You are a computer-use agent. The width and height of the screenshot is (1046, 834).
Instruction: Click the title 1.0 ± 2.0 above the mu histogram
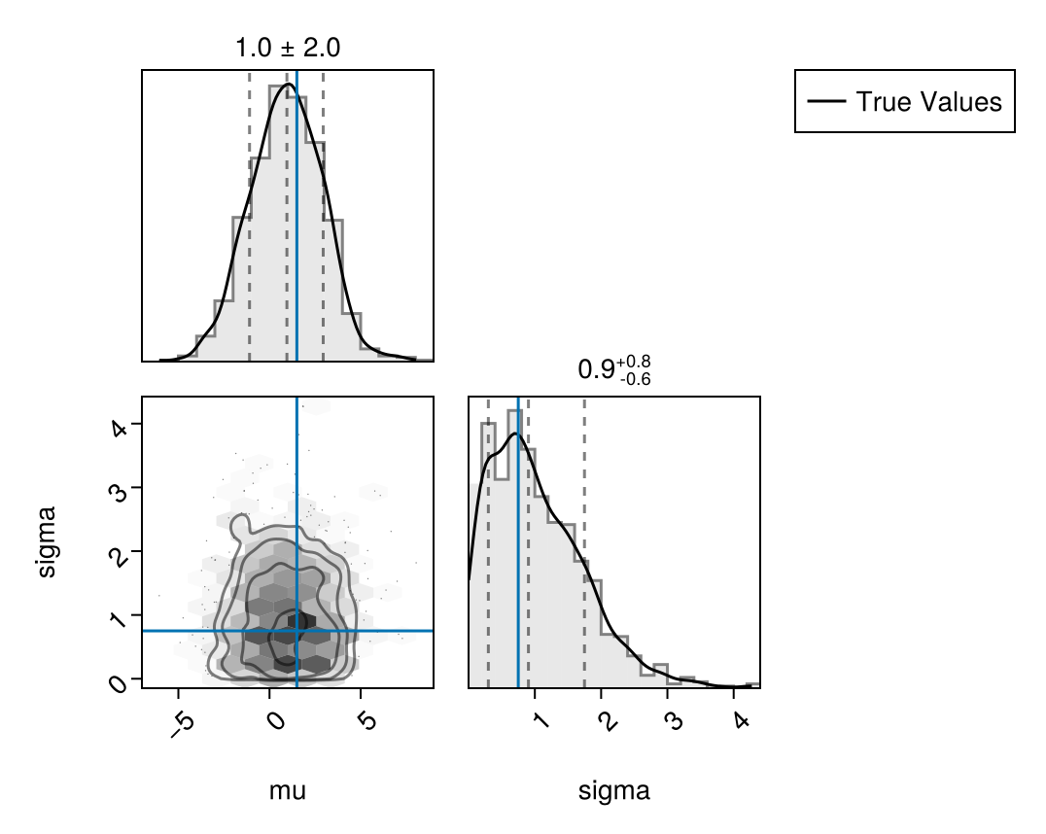(x=287, y=48)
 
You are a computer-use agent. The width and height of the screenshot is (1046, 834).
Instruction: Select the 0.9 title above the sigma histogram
(x=613, y=370)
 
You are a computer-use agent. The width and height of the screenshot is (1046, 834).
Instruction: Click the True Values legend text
(x=928, y=101)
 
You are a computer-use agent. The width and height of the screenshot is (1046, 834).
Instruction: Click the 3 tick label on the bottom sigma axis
(x=671, y=718)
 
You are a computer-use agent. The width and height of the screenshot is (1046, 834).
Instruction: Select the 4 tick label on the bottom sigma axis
(x=735, y=718)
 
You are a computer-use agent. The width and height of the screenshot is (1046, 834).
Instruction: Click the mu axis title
(x=287, y=791)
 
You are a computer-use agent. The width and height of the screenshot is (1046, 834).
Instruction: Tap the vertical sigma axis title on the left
(x=46, y=542)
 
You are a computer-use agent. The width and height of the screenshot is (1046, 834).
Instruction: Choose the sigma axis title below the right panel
(x=613, y=791)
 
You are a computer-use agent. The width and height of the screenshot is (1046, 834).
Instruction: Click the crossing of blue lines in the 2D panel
(x=296, y=631)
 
